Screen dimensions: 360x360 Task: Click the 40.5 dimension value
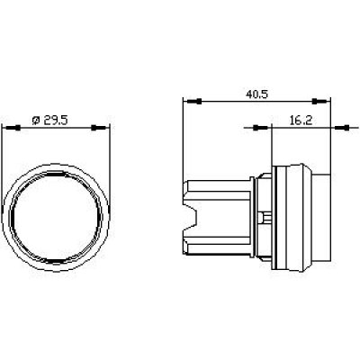point(256,94)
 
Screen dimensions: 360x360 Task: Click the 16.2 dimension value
point(301,121)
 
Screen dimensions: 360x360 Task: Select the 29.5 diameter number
point(56,121)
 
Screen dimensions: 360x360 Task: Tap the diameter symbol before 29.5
point(36,121)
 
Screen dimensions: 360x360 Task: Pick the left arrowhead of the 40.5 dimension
point(193,102)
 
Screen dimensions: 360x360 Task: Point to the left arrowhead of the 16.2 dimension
point(261,128)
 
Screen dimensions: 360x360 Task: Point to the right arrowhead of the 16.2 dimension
point(342,128)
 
